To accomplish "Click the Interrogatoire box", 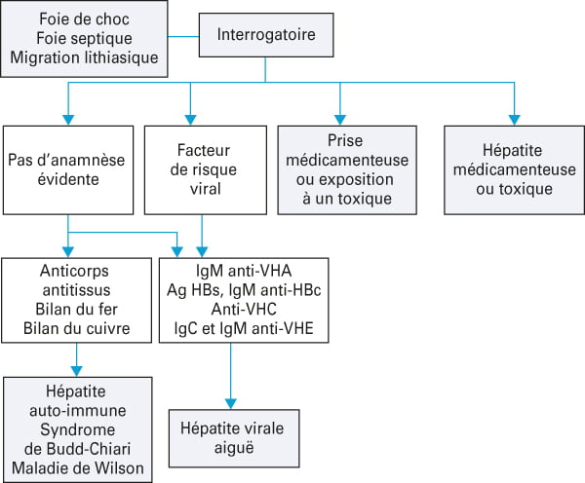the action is tap(266, 35).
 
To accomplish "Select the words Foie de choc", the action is tap(84, 19).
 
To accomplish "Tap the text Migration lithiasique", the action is tap(84, 57).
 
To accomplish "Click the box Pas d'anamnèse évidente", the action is tap(68, 170).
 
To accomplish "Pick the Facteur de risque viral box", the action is tap(206, 170).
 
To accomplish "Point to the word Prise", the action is tap(345, 141).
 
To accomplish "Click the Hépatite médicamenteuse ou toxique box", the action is tap(514, 170).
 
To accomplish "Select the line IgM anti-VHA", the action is tap(244, 271).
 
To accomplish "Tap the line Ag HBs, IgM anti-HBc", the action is tap(244, 290).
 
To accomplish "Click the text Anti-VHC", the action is tap(244, 310).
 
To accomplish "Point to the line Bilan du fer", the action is tap(76, 310).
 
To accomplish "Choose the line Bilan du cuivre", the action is tap(76, 329).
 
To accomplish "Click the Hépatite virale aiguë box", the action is tap(234, 438).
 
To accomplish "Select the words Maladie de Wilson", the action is tap(78, 468).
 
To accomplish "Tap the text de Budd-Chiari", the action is tap(78, 449).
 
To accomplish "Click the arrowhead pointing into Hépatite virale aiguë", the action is tap(231, 403).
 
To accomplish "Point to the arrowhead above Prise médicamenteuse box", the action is tap(340, 120).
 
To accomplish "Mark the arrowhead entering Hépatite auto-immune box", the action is tap(76, 371).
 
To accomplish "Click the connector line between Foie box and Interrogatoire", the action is tap(183, 37).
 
